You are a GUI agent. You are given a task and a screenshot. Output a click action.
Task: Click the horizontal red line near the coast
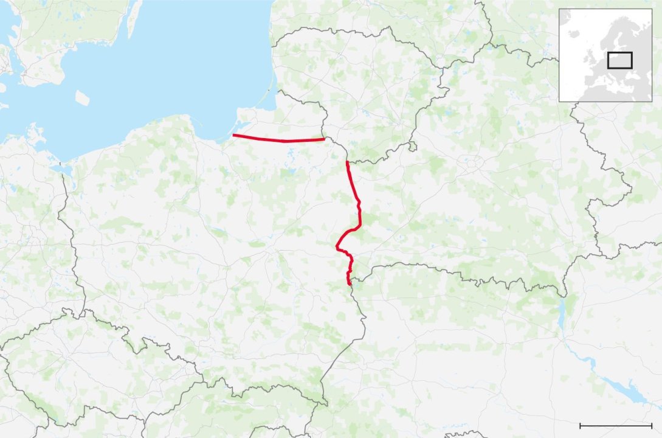coord(280,140)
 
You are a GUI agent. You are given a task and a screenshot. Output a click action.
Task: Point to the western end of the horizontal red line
coord(234,135)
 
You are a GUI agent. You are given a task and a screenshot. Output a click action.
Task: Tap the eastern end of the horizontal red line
coord(323,139)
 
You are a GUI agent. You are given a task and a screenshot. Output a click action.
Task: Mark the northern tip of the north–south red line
coord(347,162)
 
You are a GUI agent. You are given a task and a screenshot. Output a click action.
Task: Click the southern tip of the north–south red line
coord(349,283)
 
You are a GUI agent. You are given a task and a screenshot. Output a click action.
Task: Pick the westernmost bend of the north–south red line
coord(337,246)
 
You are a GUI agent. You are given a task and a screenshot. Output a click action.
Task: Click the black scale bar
coord(616,425)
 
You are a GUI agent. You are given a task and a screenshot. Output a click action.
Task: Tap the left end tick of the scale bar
coord(581,425)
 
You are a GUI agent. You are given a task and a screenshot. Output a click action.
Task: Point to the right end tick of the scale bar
coord(652,425)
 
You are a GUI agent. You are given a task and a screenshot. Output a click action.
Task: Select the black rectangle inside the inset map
coord(620,60)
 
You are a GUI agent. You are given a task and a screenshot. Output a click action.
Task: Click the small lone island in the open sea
coord(82,97)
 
